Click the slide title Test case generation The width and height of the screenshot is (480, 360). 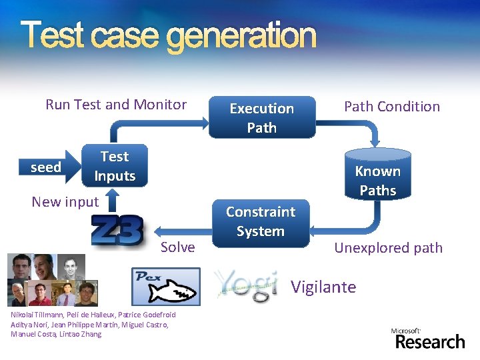pos(168,36)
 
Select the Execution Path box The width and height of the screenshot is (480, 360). pos(261,118)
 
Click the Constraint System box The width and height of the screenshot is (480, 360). pos(260,221)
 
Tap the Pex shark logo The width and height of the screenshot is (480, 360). pos(165,286)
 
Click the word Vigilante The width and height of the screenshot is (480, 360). pos(323,287)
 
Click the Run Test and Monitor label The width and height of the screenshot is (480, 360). pos(116,104)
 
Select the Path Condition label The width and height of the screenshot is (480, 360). pos(392,106)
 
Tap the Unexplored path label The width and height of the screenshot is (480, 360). pos(388,248)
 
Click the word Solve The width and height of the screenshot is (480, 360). pos(178,247)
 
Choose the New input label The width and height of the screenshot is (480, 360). pos(65,201)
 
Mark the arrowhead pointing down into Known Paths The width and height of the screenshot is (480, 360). pos(375,141)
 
